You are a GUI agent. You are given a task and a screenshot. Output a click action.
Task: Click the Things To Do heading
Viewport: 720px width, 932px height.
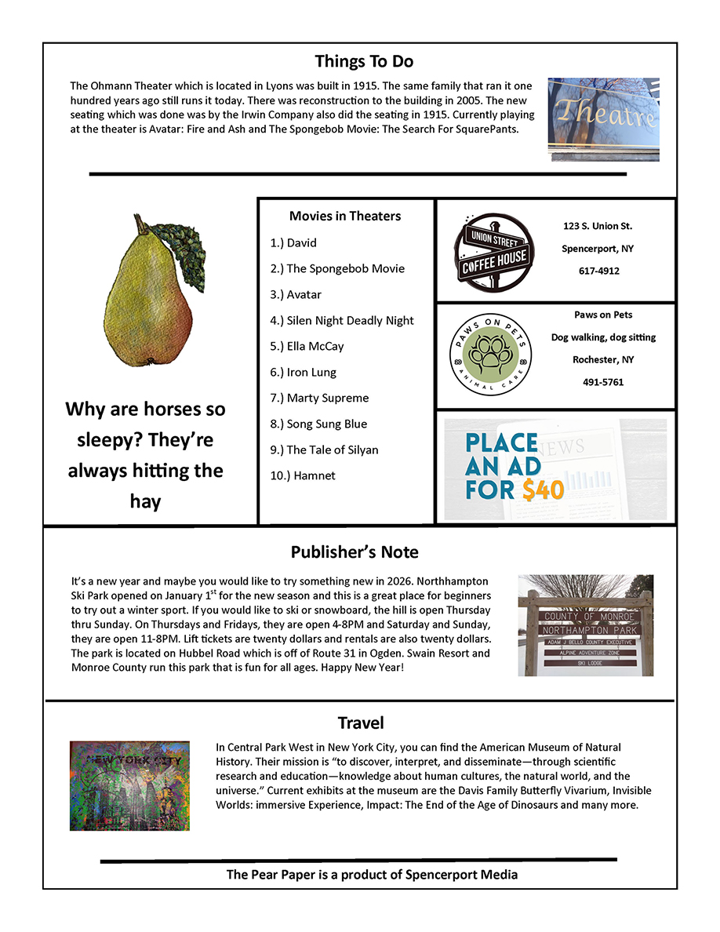coord(364,61)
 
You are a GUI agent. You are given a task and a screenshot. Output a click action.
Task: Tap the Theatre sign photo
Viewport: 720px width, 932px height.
coord(603,119)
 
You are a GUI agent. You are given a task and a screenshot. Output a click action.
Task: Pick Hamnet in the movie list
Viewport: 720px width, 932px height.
coord(314,475)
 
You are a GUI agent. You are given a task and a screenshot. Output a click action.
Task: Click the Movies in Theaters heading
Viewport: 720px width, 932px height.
coord(345,216)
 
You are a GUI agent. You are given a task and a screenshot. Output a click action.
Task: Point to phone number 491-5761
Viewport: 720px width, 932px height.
coord(603,382)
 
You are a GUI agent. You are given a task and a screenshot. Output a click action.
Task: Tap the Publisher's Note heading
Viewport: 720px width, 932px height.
coord(355,552)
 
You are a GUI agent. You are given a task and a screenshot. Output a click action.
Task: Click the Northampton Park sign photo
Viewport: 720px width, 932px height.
coord(585,625)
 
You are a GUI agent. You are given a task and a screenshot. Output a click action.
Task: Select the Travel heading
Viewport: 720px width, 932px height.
coord(361,723)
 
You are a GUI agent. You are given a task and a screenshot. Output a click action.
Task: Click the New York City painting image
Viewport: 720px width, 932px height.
coord(129,785)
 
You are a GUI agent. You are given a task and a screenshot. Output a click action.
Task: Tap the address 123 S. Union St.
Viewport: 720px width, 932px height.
coord(598,226)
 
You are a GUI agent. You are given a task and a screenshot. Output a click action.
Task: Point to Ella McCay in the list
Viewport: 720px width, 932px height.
coord(315,346)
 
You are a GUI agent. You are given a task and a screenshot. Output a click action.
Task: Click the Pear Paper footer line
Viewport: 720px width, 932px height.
coord(372,874)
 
